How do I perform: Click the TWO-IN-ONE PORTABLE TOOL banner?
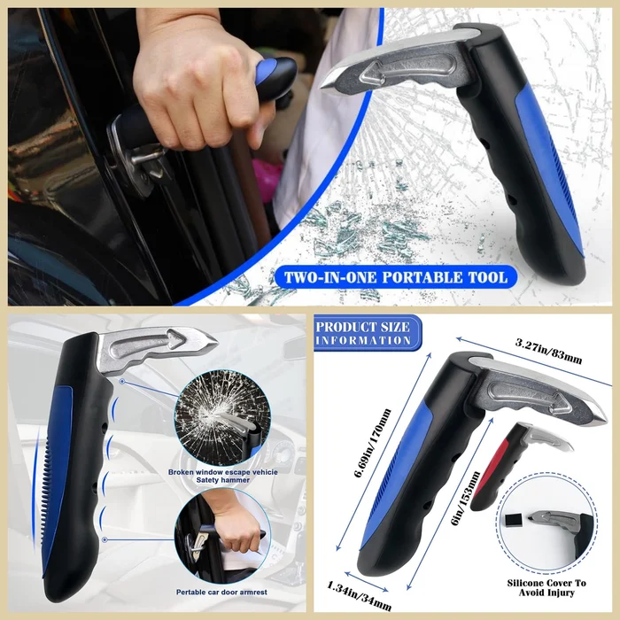tap(395, 277)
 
